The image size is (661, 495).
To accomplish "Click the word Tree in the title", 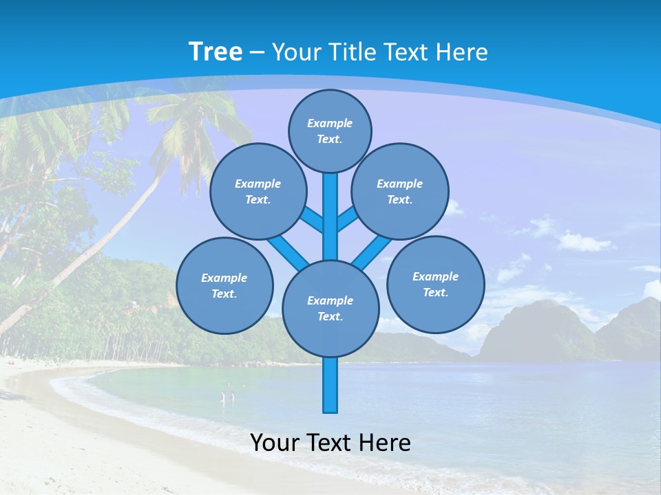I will tap(216, 52).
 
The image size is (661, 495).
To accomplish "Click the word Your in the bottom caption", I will tap(275, 443).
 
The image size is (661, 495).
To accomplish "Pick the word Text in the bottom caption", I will tap(330, 443).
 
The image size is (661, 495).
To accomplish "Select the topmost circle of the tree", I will tap(330, 131).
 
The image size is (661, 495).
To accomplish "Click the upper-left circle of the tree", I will tap(258, 191).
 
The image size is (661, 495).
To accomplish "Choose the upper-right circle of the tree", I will tap(400, 191).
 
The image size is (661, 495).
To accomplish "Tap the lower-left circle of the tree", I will tap(224, 285).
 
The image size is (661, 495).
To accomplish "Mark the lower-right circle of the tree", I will tap(435, 284).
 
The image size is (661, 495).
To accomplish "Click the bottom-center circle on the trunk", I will tap(330, 308).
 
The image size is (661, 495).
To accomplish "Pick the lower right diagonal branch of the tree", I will tap(368, 253).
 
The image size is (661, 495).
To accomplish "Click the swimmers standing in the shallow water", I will tap(227, 397).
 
